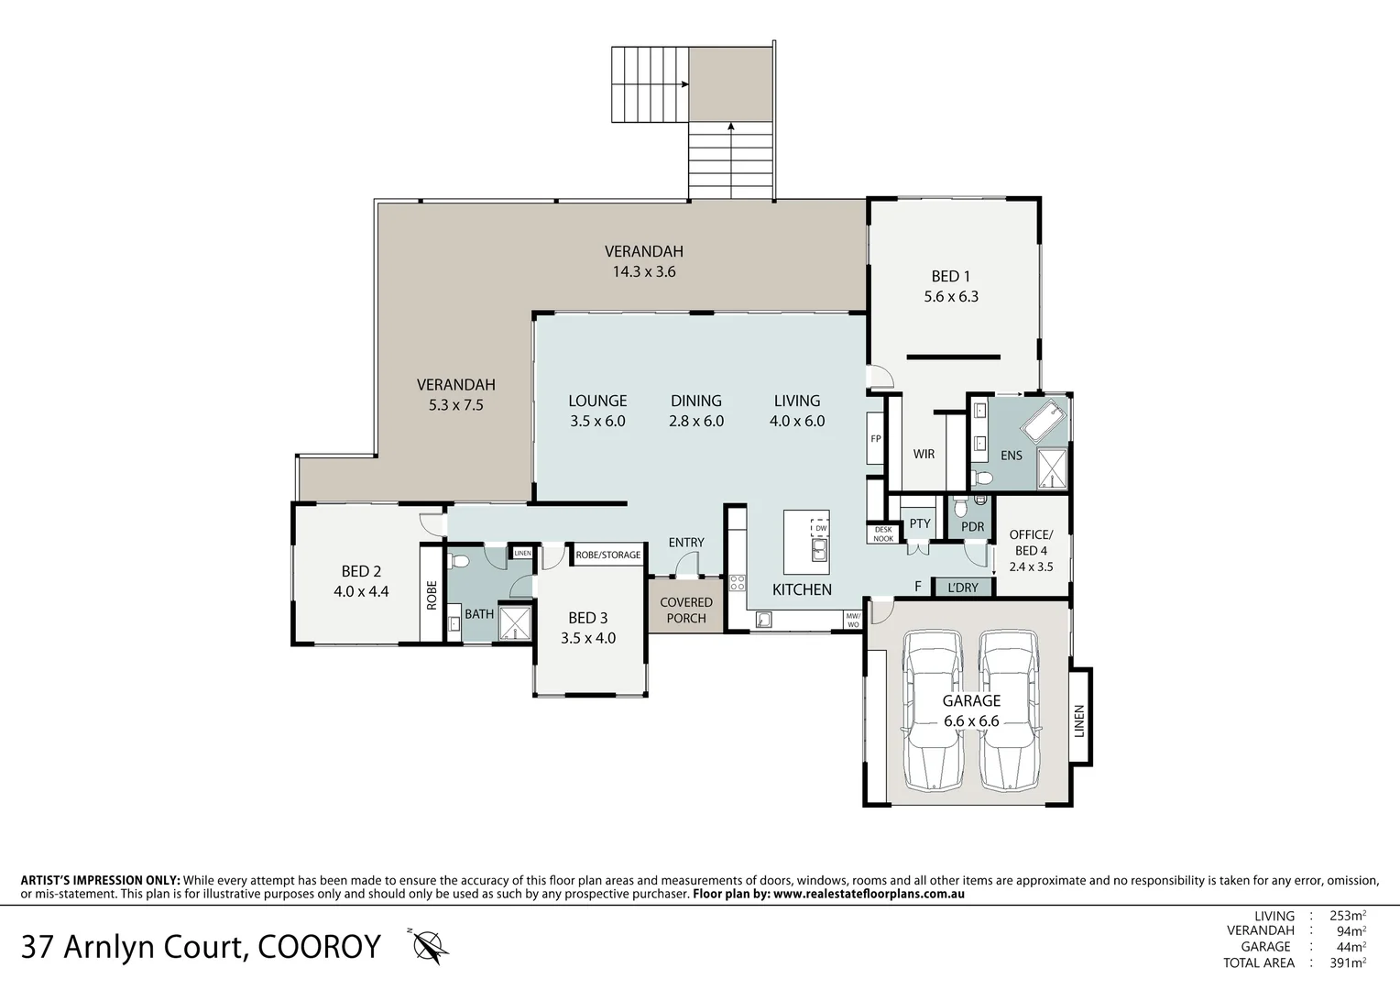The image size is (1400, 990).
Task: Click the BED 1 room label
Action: click(951, 286)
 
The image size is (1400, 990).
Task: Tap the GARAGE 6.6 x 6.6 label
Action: click(971, 710)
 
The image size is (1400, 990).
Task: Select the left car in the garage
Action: click(933, 710)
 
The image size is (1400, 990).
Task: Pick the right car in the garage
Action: click(1009, 710)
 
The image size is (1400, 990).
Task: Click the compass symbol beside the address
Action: click(429, 945)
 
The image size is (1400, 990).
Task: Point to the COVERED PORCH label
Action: click(686, 610)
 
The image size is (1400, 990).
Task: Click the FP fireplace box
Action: click(875, 439)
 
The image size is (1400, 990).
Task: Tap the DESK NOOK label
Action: click(883, 533)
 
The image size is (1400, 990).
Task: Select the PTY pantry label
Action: click(920, 524)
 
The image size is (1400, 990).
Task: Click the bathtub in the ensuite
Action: click(1044, 422)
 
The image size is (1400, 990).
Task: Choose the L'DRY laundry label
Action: click(963, 588)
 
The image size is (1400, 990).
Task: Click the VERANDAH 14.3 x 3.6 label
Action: click(644, 261)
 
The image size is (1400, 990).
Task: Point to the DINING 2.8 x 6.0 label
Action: click(696, 411)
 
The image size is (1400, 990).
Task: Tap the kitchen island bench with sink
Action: click(806, 542)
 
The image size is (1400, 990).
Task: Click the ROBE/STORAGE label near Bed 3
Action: click(607, 555)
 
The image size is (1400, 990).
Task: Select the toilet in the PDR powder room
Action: click(958, 507)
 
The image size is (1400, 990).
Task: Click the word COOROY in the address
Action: click(319, 946)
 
